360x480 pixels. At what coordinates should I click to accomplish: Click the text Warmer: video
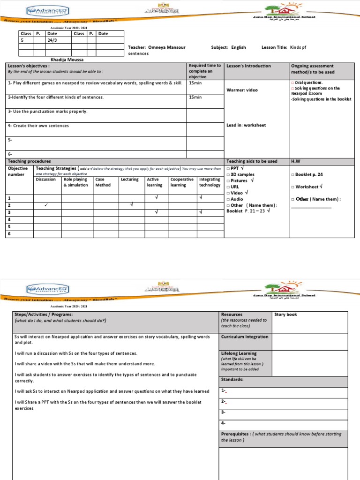[x=242, y=90]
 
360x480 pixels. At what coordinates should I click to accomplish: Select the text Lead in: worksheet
[x=246, y=125]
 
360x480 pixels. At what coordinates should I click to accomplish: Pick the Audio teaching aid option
[x=236, y=199]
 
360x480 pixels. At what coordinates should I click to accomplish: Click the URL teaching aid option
[x=235, y=187]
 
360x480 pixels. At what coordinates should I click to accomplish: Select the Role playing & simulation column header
[x=76, y=182]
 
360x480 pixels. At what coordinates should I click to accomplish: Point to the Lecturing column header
[x=129, y=180]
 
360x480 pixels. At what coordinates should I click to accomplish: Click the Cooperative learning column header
[x=182, y=182]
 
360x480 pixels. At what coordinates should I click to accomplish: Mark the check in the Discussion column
[x=46, y=205]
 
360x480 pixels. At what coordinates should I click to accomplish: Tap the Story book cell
[x=285, y=315]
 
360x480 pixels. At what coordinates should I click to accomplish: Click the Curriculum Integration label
[x=244, y=337]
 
